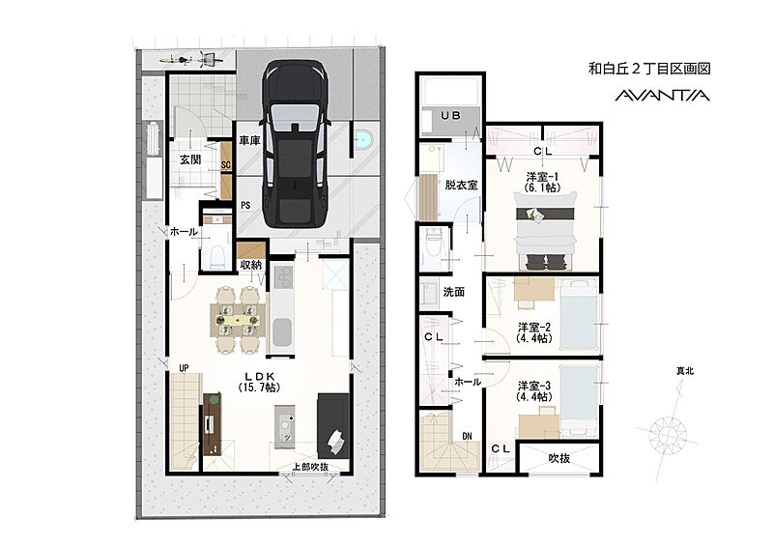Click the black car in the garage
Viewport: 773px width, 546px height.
tap(295, 144)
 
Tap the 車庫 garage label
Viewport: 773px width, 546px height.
tap(249, 140)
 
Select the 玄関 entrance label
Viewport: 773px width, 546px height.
tap(189, 159)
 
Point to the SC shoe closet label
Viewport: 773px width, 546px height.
tap(226, 164)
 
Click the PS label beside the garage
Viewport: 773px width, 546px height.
tap(245, 205)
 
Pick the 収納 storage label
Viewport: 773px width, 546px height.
tap(250, 265)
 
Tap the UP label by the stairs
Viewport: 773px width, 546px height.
tap(184, 368)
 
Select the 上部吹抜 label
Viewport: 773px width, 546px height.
tap(310, 466)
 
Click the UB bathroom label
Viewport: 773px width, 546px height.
tap(450, 115)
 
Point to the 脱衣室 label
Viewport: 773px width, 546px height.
tap(462, 185)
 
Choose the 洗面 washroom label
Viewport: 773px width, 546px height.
tap(453, 292)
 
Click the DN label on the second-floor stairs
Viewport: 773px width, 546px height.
tap(467, 436)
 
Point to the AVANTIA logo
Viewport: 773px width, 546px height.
tap(662, 96)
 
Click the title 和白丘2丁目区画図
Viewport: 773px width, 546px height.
tap(649, 69)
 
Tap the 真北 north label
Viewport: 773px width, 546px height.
tap(685, 371)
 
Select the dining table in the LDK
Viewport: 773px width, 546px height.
tap(238, 320)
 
